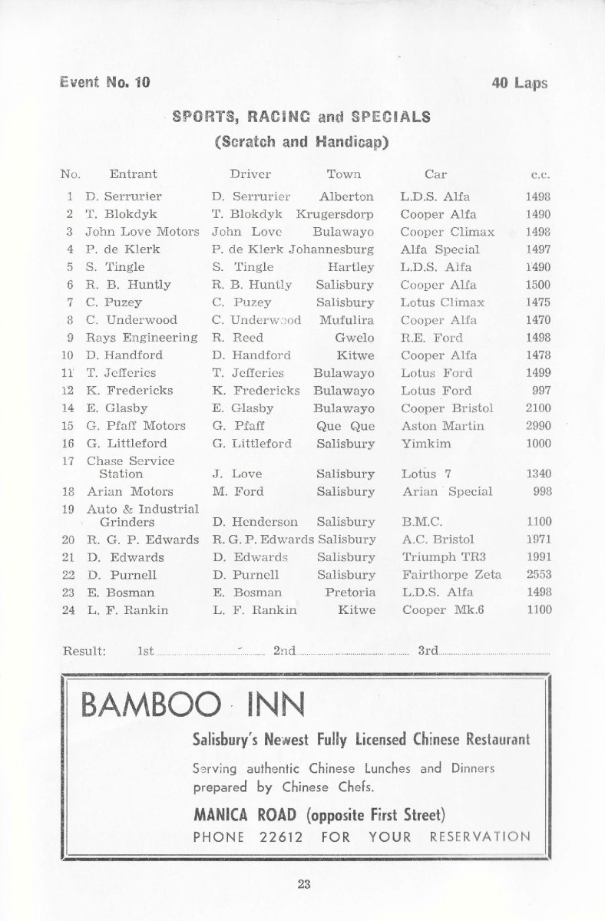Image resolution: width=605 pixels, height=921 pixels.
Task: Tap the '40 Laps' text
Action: click(x=520, y=83)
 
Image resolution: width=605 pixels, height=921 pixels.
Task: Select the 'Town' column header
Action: click(x=343, y=174)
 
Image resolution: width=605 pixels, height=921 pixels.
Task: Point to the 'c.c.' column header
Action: click(x=541, y=175)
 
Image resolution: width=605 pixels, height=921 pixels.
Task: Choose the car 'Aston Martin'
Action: click(x=442, y=425)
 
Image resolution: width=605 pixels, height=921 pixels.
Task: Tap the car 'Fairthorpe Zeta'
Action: click(x=451, y=574)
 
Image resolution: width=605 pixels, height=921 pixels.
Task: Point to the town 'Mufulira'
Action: click(x=347, y=319)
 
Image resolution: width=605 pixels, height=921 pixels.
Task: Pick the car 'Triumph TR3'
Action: click(x=440, y=556)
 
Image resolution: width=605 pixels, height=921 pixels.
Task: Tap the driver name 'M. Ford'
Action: click(x=237, y=491)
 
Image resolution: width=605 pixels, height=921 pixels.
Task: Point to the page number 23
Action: click(x=303, y=883)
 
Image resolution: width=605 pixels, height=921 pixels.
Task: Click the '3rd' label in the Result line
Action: click(x=427, y=651)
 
